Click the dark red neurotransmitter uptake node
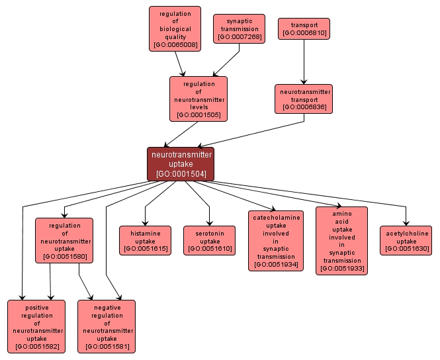pyautogui.click(x=181, y=163)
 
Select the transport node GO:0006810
pyautogui.click(x=304, y=28)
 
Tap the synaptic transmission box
pyautogui.click(x=239, y=29)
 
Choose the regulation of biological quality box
pyautogui.click(x=175, y=29)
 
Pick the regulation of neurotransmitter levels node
pyautogui.click(x=198, y=99)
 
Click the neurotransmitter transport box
pyautogui.click(x=304, y=98)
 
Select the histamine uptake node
pyautogui.click(x=145, y=240)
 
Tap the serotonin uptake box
pyautogui.click(x=209, y=240)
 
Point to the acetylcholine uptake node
pyautogui.click(x=406, y=240)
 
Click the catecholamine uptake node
pyautogui.click(x=276, y=241)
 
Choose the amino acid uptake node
pyautogui.click(x=341, y=240)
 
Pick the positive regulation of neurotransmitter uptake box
pyautogui.click(x=36, y=326)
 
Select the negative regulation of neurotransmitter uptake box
pyautogui.click(x=107, y=326)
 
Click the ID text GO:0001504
pyautogui.click(x=181, y=175)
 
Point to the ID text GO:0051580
pyautogui.click(x=64, y=256)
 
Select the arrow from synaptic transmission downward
pyautogui.click(x=226, y=60)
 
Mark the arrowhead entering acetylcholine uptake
pyautogui.click(x=406, y=223)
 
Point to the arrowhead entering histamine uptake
pyautogui.click(x=145, y=223)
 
